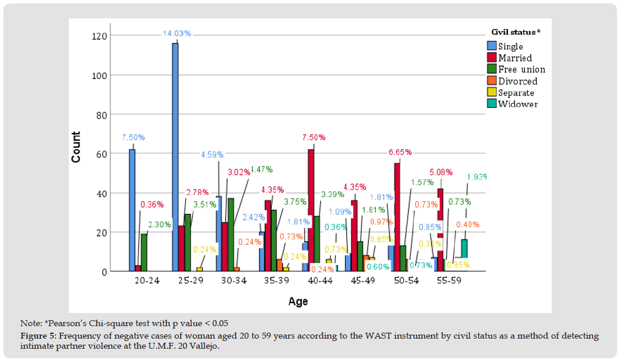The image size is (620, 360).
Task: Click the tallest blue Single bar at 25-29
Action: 175,157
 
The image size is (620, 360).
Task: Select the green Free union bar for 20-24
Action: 144,252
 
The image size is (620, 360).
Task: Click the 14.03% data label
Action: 176,34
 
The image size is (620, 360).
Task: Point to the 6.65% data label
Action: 400,152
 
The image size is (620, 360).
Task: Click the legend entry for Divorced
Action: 517,81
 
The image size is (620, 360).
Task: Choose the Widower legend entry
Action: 517,104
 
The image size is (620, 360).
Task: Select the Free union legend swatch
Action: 492,70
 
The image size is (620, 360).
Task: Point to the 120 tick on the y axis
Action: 99,36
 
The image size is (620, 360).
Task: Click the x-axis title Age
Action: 298,302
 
